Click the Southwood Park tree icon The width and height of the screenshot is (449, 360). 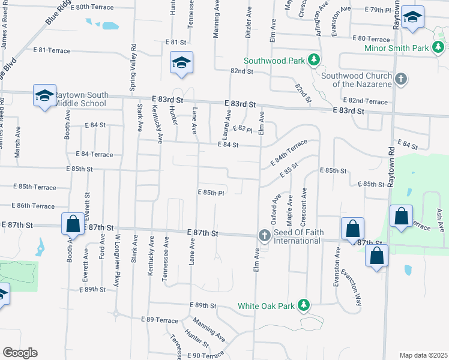pyautogui.click(x=313, y=60)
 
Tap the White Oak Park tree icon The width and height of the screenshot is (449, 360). pyautogui.click(x=304, y=305)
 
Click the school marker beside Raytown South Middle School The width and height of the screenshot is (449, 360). pyautogui.click(x=44, y=96)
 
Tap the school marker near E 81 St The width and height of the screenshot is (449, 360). pyautogui.click(x=181, y=63)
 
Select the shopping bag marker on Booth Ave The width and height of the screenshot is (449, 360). pyautogui.click(x=73, y=224)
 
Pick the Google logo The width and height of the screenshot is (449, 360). pyautogui.click(x=20, y=353)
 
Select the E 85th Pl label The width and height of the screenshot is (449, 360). pyautogui.click(x=211, y=193)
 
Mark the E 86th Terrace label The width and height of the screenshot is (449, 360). pyautogui.click(x=28, y=206)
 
